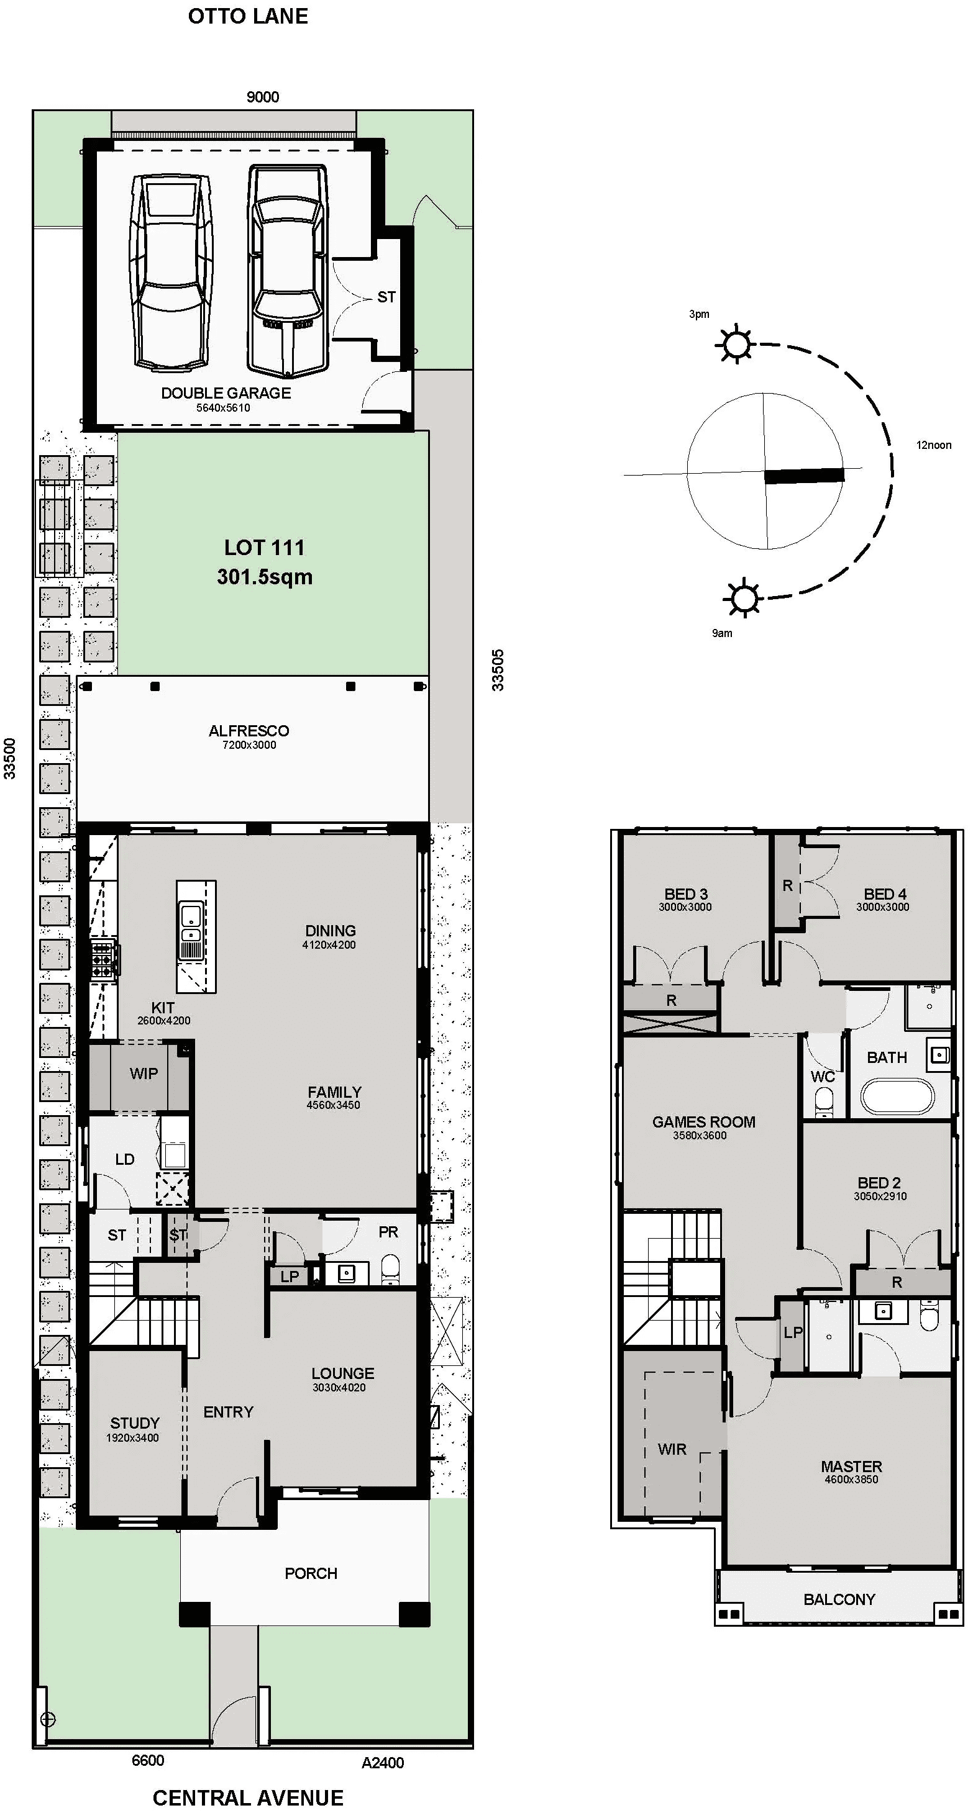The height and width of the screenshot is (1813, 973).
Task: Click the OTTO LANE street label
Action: click(x=248, y=16)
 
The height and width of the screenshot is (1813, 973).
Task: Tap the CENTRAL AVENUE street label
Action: click(x=248, y=1797)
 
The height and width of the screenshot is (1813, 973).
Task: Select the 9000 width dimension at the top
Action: click(x=263, y=97)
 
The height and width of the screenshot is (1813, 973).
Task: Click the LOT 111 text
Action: click(x=264, y=548)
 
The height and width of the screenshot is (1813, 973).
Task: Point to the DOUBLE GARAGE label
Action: click(x=226, y=394)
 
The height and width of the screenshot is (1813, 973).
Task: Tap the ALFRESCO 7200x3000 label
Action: click(x=249, y=736)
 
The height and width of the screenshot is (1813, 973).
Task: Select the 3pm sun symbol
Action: click(x=735, y=345)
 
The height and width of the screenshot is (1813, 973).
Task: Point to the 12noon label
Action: click(x=933, y=445)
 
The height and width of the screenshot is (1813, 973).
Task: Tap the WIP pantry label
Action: click(x=143, y=1074)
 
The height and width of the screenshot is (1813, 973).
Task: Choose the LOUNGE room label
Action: click(x=342, y=1373)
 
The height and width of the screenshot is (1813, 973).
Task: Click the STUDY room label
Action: click(x=134, y=1422)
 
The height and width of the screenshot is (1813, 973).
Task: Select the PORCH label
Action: click(x=311, y=1573)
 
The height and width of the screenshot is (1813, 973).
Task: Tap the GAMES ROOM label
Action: click(x=703, y=1122)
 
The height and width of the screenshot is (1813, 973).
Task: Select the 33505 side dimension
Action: click(x=498, y=669)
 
